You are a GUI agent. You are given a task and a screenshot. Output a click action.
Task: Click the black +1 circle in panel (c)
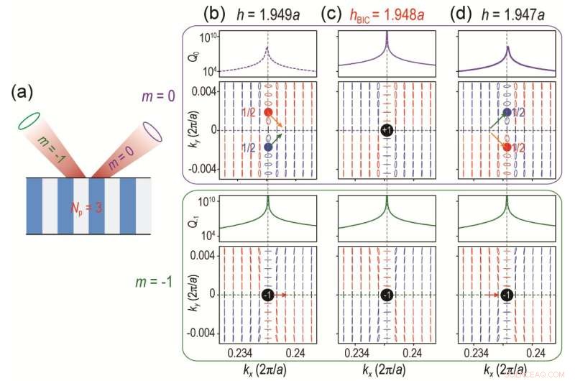(387, 130)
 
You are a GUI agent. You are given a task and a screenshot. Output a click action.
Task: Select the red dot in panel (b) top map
(267, 112)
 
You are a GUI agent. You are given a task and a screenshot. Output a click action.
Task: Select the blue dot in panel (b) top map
(267, 147)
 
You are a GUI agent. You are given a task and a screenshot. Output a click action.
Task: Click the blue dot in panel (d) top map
(507, 112)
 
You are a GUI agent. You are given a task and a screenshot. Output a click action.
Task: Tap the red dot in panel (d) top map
(507, 147)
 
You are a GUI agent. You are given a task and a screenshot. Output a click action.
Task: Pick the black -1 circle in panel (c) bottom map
(387, 295)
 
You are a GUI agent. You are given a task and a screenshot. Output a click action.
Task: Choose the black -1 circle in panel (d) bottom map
(507, 295)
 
